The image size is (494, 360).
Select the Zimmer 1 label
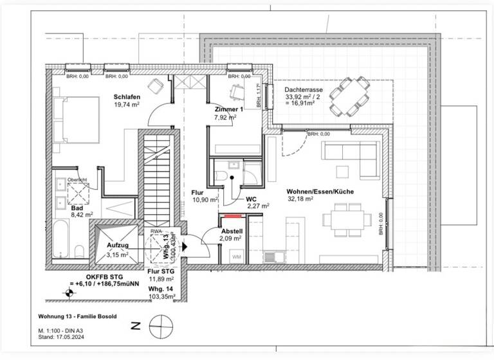[x=229, y=109]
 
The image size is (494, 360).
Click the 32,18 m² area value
[x=300, y=200]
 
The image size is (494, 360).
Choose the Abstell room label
[x=232, y=231]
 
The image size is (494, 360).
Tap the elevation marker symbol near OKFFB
[x=66, y=294]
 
